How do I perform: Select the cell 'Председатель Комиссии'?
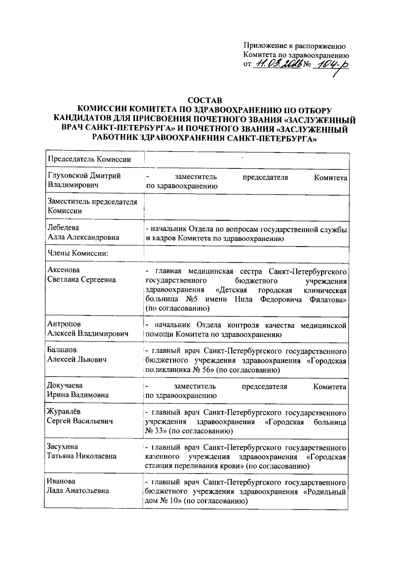coord(90,160)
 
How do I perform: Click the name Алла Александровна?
coord(83,237)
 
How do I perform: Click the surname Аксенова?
coord(64,270)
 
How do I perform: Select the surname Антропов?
coord(64,324)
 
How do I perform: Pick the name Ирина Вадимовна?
coord(78,395)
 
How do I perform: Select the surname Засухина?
coord(63,446)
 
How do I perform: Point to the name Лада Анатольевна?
coord(78,491)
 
